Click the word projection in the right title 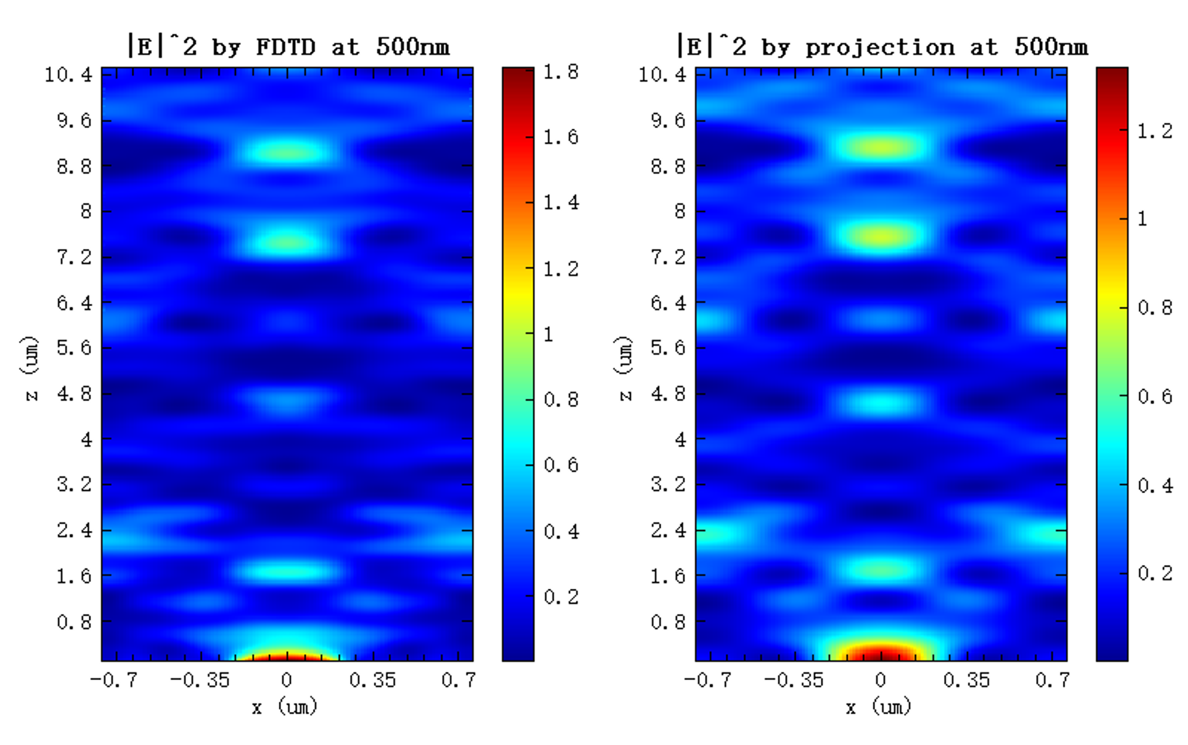(880, 48)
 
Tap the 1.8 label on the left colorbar (561, 73)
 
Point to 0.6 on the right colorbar (1154, 396)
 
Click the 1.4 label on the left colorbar (561, 203)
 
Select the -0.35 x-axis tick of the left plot (200, 681)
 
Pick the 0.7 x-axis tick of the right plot (1052, 681)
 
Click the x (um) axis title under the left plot (285, 707)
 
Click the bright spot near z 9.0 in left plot (288, 151)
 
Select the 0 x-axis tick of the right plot (880, 681)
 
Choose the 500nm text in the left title (413, 48)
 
